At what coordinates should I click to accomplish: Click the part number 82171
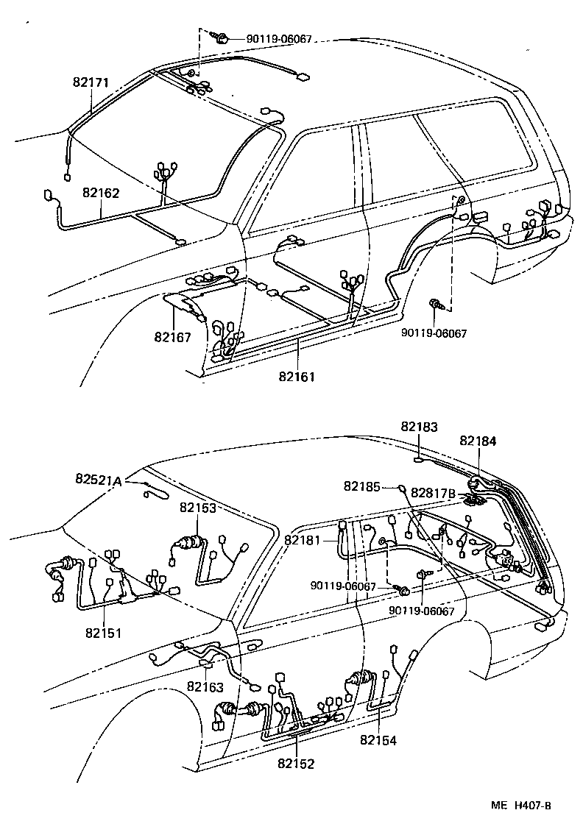tap(91, 83)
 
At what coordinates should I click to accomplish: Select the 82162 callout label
tap(101, 193)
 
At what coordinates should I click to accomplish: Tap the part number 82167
tap(172, 337)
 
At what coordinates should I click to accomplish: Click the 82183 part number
tap(419, 426)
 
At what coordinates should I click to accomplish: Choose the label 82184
tap(478, 441)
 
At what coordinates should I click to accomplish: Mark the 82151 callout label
tap(102, 633)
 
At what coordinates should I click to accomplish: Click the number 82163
tap(205, 686)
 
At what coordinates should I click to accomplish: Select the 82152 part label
tap(296, 764)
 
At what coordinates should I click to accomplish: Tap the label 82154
tap(378, 740)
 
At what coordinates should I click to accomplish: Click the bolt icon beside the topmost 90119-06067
tap(219, 35)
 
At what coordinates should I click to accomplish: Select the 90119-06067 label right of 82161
tap(434, 333)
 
